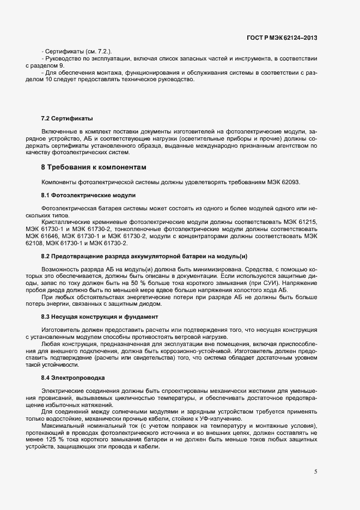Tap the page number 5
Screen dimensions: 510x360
tap(315, 472)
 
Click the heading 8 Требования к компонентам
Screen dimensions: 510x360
tap(94, 166)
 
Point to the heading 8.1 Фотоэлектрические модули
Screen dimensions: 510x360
tap(88, 195)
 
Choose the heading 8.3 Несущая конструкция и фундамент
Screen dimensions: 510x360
tap(100, 316)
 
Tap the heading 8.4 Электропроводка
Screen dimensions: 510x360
tap(74, 377)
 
